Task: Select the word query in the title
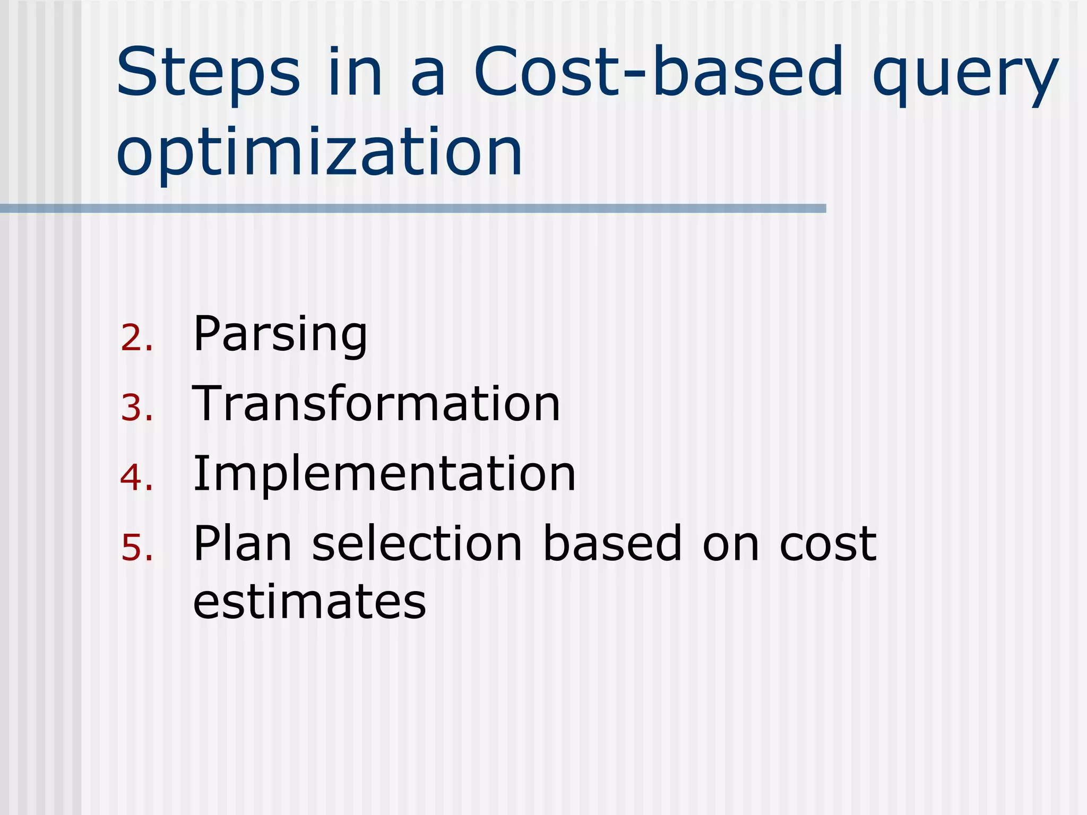click(965, 77)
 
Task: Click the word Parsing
click(280, 334)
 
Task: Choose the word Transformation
click(376, 404)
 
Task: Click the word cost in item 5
click(827, 544)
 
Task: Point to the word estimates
click(309, 602)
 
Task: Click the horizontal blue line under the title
click(413, 209)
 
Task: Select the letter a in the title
click(428, 77)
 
